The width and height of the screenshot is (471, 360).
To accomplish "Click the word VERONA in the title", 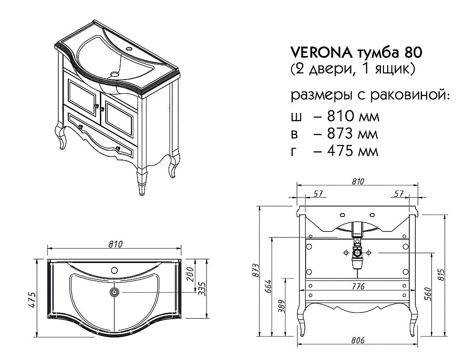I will [313, 52].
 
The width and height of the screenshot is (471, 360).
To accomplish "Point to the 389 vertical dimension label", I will [280, 307].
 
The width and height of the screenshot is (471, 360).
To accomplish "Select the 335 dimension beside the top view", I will [203, 287].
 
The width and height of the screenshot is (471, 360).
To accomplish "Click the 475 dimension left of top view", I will [32, 297].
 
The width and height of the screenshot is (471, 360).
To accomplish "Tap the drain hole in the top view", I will [114, 292].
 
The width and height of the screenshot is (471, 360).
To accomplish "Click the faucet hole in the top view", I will [114, 270].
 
